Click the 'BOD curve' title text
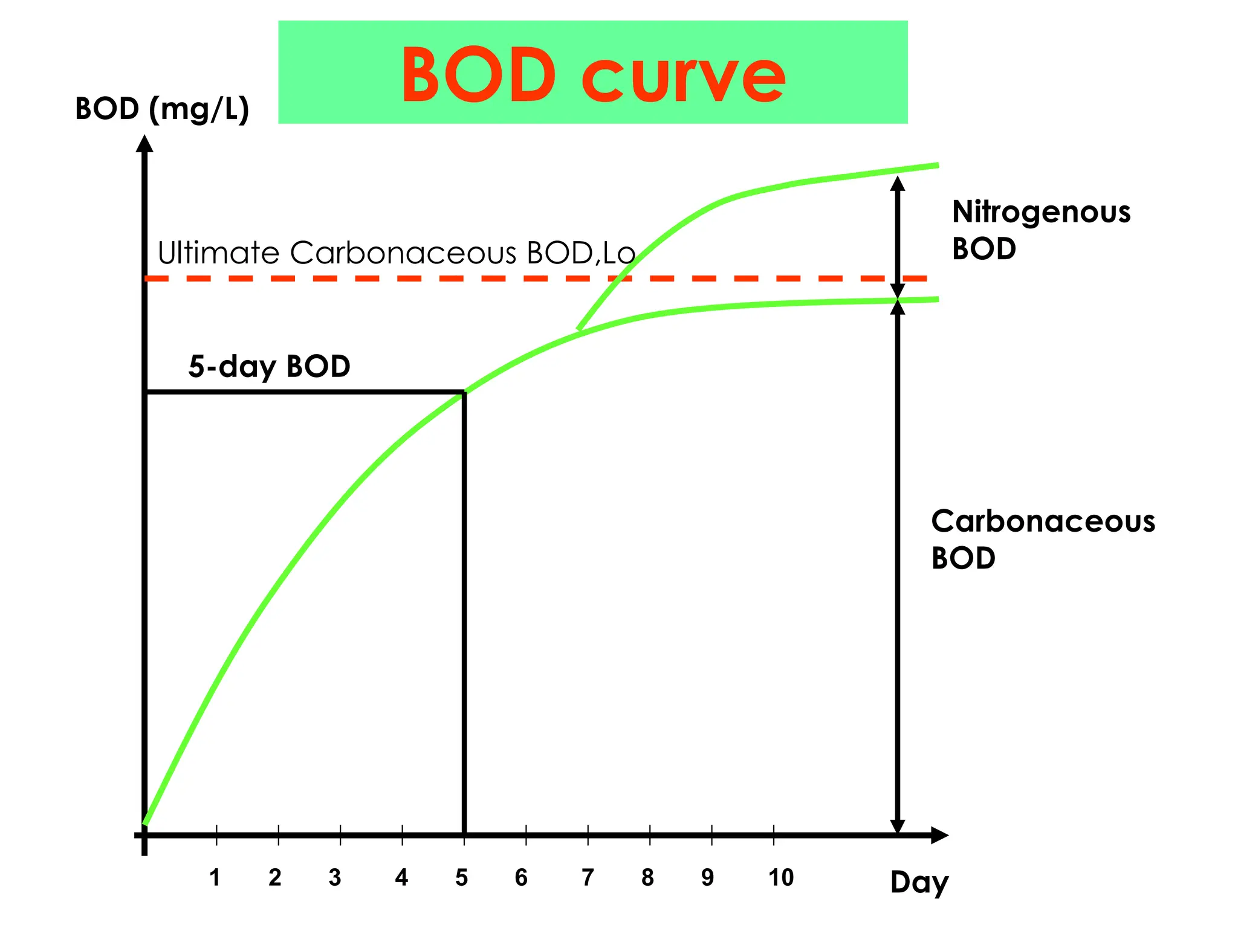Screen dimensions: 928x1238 pyautogui.click(x=592, y=75)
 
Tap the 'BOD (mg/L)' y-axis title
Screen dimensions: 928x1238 pyautogui.click(x=162, y=109)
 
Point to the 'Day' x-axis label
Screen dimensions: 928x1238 pyautogui.click(x=919, y=883)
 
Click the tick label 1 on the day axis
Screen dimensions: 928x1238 pyautogui.click(x=215, y=877)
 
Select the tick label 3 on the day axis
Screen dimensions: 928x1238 pyautogui.click(x=335, y=877)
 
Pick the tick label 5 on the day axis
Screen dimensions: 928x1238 pyautogui.click(x=461, y=877)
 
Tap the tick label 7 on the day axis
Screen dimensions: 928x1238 pyautogui.click(x=588, y=877)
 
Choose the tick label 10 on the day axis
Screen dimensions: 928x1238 pyautogui.click(x=780, y=877)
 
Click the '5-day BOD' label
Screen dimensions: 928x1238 pyautogui.click(x=269, y=366)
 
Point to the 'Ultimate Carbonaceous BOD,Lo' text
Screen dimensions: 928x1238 pyautogui.click(x=396, y=253)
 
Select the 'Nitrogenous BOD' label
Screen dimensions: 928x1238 pyautogui.click(x=1041, y=230)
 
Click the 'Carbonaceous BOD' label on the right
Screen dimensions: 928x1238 pyautogui.click(x=1042, y=539)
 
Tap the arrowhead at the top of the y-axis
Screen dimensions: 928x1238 pyautogui.click(x=144, y=144)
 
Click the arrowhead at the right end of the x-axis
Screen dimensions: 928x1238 pyautogui.click(x=939, y=836)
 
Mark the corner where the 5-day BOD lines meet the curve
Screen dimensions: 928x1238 pyautogui.click(x=464, y=393)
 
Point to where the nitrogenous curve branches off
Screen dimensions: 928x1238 pyautogui.click(x=579, y=330)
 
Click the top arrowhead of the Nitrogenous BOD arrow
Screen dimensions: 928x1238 pyautogui.click(x=898, y=183)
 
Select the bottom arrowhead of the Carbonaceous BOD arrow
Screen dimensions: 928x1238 pyautogui.click(x=898, y=826)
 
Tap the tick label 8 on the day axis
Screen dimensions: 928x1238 pyautogui.click(x=647, y=877)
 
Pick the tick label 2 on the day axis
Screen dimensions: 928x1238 pyautogui.click(x=275, y=877)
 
